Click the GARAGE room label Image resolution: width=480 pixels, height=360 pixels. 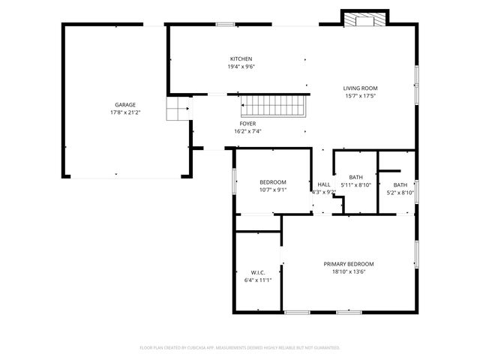(x=125, y=104)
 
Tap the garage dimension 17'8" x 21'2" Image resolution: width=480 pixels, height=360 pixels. (x=125, y=112)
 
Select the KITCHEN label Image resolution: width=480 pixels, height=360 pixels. (x=241, y=58)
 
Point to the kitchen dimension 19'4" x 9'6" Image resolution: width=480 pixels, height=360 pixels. (x=241, y=67)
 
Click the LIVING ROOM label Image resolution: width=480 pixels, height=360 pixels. (x=360, y=88)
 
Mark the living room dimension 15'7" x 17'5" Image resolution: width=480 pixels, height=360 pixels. (x=360, y=96)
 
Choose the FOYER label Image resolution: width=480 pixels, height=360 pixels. (x=247, y=123)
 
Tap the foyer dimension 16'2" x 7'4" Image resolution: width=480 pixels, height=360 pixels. (x=247, y=131)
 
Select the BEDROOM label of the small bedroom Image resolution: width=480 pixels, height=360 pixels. (x=273, y=182)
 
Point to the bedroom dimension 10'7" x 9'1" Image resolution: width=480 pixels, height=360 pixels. (x=273, y=190)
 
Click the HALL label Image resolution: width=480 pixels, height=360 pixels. (x=324, y=184)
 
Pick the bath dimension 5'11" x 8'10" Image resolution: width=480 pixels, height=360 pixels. (x=355, y=184)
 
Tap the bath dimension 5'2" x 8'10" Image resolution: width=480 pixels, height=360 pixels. (x=400, y=193)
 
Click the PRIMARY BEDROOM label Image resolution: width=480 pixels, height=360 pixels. (x=349, y=264)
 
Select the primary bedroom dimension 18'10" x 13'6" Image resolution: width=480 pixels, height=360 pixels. (x=349, y=272)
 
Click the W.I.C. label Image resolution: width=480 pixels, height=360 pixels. (x=258, y=271)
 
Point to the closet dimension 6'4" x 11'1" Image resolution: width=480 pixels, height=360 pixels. (x=258, y=280)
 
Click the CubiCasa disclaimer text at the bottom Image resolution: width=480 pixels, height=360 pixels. (x=240, y=348)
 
